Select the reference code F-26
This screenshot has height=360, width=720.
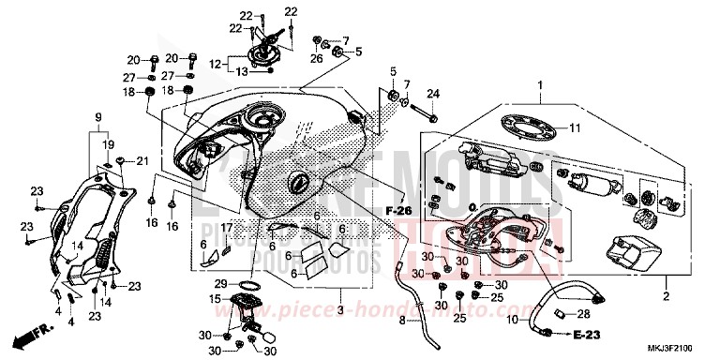(x=398, y=212)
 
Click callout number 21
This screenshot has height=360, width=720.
(x=142, y=160)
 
